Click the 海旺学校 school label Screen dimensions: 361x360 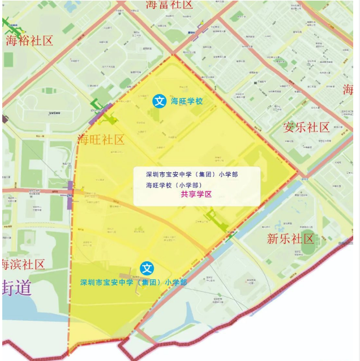[x=187, y=101]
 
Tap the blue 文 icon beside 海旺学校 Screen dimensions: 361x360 [x=160, y=101]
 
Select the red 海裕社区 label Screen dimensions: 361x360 [x=29, y=41]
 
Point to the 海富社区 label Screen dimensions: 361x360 [x=170, y=5]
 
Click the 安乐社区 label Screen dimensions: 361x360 [x=306, y=127]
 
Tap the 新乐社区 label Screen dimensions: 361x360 [x=290, y=239]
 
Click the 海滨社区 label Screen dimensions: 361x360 [x=24, y=265]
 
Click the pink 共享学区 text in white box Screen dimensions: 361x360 [x=196, y=194]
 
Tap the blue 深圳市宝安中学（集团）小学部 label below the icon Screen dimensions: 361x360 [x=134, y=282]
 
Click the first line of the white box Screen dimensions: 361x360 [x=192, y=174]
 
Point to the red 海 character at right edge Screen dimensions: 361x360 [x=348, y=90]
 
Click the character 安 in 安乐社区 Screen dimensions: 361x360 [x=289, y=127]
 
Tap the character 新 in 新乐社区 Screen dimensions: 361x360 [x=273, y=239]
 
